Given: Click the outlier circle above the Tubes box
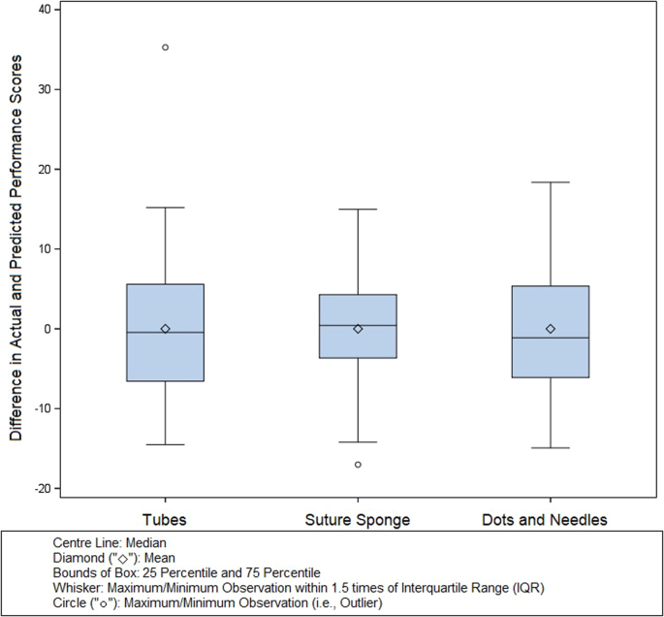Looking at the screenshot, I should click(165, 47).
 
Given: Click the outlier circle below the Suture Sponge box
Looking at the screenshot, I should click(358, 465).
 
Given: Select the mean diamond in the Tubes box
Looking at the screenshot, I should click(165, 329).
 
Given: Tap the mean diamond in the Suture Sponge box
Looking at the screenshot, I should click(358, 329).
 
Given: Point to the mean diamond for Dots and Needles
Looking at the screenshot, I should click(551, 329).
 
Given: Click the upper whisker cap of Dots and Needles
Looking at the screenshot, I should click(551, 182).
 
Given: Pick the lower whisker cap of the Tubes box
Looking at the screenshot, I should click(165, 444).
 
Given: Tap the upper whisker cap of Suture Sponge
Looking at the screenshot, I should click(358, 209).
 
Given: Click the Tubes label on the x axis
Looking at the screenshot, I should click(165, 520).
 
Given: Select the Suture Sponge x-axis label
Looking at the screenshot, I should click(358, 520).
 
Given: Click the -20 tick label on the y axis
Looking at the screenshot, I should click(42, 488).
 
